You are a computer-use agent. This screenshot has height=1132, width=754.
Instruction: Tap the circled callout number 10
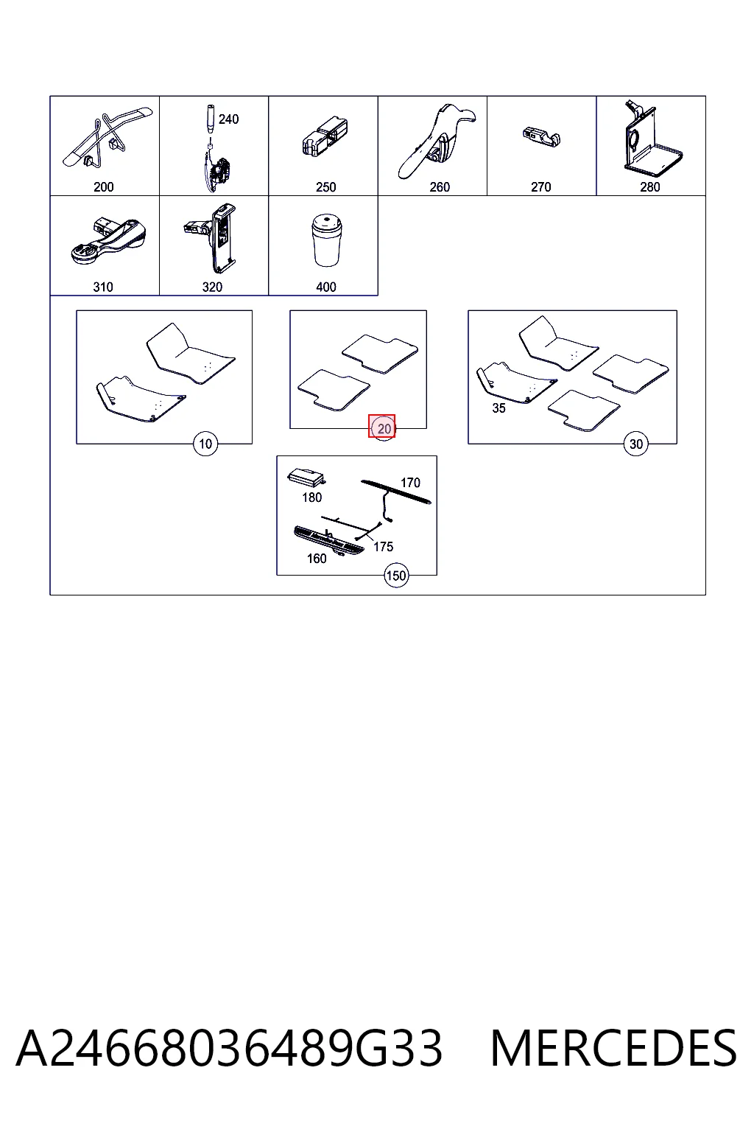point(205,444)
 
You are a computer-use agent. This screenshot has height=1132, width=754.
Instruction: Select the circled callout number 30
point(636,444)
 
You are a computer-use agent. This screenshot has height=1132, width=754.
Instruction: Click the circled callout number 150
point(396,576)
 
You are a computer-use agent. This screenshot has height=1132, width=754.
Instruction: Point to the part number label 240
point(228,119)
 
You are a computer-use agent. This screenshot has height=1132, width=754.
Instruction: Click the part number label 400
point(325,287)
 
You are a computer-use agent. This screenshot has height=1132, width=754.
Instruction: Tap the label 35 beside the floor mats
point(498,408)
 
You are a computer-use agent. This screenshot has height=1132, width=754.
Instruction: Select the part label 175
point(384,546)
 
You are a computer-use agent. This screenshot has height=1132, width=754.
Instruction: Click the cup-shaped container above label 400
point(327,240)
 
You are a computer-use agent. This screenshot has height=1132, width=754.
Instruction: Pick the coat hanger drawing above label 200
point(107,139)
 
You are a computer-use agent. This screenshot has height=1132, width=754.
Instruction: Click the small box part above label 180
point(306,478)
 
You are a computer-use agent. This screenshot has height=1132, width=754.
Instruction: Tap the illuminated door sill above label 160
point(328,540)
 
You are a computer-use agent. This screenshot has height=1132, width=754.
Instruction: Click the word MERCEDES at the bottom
point(613,1048)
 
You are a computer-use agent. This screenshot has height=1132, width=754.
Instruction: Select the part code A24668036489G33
point(229,1048)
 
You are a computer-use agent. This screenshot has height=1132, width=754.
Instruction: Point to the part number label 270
point(541,187)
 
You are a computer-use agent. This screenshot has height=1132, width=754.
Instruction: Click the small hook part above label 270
point(541,136)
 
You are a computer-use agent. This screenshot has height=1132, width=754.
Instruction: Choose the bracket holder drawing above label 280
point(652,139)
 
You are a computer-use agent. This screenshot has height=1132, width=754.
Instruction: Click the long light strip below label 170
point(396,493)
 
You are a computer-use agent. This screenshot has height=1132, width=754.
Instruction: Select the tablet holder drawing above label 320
point(216,237)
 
